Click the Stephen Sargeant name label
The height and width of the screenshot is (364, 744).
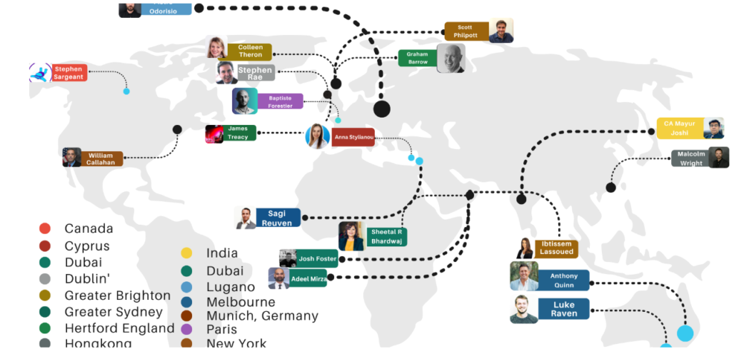(68, 73)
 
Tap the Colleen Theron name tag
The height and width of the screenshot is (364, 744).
(250, 51)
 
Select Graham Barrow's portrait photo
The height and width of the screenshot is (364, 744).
(451, 58)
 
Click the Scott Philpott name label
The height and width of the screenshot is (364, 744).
(466, 31)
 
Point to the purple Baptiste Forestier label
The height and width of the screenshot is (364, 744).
(280, 101)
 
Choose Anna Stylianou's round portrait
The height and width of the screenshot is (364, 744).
(318, 136)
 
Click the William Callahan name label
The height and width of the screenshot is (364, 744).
(102, 159)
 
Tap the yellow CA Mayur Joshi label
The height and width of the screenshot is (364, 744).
(680, 129)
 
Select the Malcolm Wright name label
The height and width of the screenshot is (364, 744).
(690, 159)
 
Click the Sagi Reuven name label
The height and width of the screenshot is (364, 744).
(278, 217)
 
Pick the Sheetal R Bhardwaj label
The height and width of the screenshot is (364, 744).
(385, 237)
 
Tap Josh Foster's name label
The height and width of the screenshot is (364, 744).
(318, 258)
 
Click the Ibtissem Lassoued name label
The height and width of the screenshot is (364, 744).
(557, 249)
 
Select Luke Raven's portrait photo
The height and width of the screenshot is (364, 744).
(524, 310)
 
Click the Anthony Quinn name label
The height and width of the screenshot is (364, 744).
(563, 281)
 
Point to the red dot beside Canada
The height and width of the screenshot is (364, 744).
(45, 229)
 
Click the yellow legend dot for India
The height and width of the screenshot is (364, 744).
(187, 253)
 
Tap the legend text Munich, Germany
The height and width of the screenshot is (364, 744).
(263, 316)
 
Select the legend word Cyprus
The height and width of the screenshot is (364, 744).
(87, 246)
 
